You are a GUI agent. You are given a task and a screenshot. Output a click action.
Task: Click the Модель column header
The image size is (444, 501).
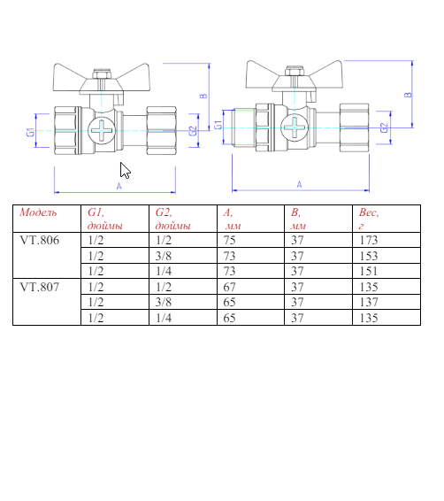coord(38,213)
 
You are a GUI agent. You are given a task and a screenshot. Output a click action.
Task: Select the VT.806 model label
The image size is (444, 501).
coord(40,240)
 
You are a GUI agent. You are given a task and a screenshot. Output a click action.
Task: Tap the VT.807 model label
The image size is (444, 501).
coord(40,287)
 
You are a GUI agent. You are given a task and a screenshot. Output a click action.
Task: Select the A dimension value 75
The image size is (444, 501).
coord(229,240)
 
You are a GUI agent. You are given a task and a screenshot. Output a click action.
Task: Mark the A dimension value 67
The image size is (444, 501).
coord(229,287)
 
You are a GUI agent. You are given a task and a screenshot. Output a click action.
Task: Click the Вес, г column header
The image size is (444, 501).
coord(369,219)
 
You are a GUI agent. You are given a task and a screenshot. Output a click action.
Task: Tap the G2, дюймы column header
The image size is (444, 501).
coord(172,219)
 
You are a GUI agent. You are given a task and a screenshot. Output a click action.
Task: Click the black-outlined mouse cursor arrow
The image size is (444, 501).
coord(125,171)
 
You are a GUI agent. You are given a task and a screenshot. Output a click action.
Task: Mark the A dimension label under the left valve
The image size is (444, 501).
coord(119,186)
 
